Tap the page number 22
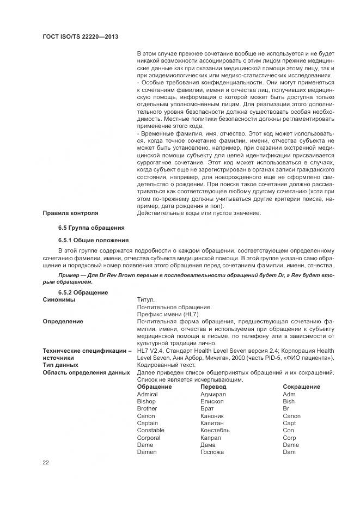point(46,463)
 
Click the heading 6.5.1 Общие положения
point(94,240)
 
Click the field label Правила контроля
point(70,213)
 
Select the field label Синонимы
point(59,300)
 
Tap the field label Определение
point(63,322)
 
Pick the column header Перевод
point(213,387)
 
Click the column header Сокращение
point(301,387)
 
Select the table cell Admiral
point(147,394)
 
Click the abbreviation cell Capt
point(289,423)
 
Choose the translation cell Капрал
point(211,438)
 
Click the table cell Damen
point(147,452)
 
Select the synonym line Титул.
point(146,300)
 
